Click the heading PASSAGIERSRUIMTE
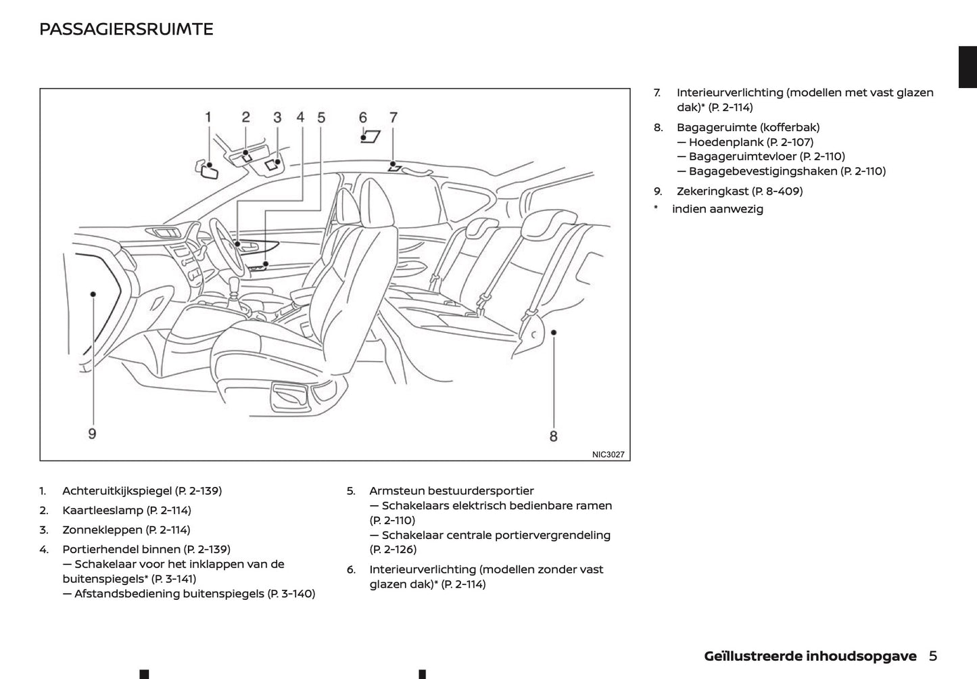click(x=126, y=29)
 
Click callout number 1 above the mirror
click(x=208, y=117)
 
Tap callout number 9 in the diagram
click(x=92, y=433)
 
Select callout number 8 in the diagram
click(x=553, y=436)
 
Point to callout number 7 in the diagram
click(x=394, y=117)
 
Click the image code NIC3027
click(x=608, y=454)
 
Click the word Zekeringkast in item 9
click(x=713, y=191)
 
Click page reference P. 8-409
click(x=778, y=191)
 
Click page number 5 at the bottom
click(x=933, y=655)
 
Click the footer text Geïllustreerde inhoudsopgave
click(x=810, y=656)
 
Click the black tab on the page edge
click(x=968, y=68)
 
